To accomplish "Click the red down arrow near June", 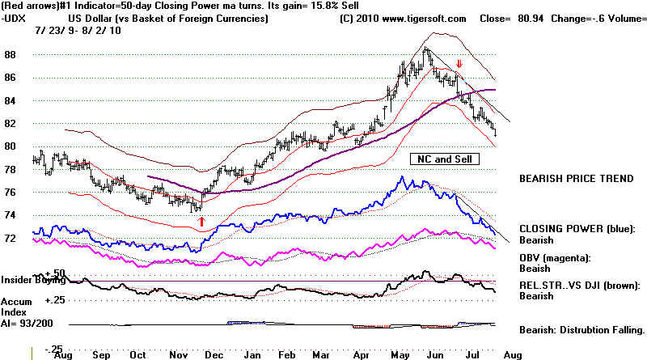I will pos(459,64).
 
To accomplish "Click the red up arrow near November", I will pos(201,219).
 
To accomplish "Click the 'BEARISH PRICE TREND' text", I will pos(576,176).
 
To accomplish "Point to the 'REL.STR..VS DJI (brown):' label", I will pos(580,285).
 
